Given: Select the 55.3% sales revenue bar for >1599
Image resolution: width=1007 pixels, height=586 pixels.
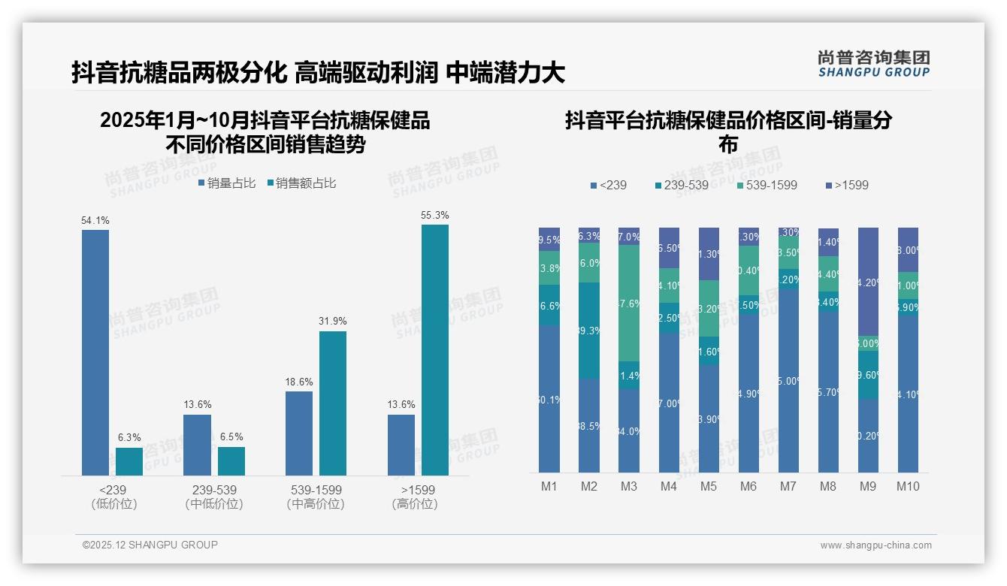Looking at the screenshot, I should (x=435, y=349).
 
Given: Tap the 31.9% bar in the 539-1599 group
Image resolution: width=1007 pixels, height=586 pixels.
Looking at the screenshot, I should (x=333, y=403).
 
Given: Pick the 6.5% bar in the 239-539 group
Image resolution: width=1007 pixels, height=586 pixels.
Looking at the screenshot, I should (x=231, y=461).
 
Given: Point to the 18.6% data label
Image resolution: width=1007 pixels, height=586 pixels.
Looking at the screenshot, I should (x=299, y=382).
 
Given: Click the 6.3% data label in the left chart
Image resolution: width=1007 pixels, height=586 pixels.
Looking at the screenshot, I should (x=129, y=437).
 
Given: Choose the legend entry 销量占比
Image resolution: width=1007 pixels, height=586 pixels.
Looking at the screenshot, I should (x=227, y=183).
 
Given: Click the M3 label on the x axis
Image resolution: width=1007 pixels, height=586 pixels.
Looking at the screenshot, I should (x=629, y=486).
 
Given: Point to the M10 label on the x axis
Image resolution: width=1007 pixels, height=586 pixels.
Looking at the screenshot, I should (x=908, y=486).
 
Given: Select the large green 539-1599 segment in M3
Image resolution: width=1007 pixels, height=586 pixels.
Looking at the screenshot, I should (x=629, y=303).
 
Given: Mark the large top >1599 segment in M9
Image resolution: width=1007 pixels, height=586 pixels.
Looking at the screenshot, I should (x=868, y=281).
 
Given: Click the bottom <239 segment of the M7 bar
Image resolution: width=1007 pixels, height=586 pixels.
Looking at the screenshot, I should (x=788, y=381).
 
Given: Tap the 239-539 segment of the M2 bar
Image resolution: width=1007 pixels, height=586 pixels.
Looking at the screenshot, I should (x=589, y=331).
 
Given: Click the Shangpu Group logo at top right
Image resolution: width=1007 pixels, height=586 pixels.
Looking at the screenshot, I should (x=874, y=63).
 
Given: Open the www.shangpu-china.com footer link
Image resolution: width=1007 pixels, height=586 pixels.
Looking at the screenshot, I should (x=875, y=545).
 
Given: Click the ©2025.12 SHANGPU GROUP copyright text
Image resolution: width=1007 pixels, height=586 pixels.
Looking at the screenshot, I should (x=150, y=545).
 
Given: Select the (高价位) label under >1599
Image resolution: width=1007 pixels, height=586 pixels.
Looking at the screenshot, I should (x=415, y=504).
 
